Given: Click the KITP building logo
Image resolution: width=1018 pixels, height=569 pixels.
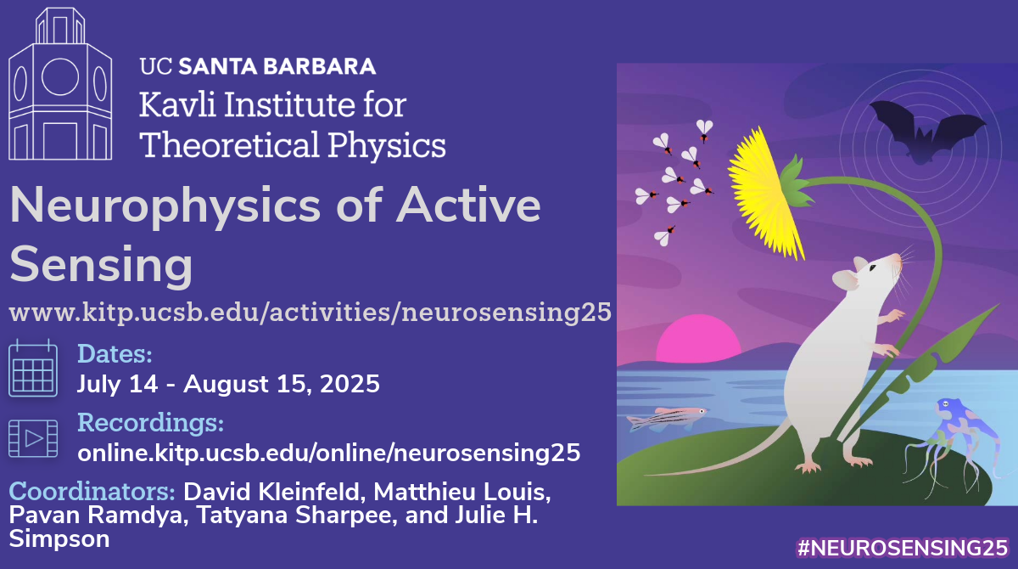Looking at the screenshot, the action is coord(60,84).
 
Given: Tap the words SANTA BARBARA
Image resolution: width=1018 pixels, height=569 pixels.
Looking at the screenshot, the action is coord(277,66).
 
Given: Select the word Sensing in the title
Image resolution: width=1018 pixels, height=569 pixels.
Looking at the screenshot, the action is coord(101,265).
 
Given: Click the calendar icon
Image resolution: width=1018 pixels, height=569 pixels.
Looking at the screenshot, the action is coord(33,368).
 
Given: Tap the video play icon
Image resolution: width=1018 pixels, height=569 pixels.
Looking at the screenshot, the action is coord(33,438).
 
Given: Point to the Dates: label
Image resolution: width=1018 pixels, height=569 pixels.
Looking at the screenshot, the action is coord(115,354).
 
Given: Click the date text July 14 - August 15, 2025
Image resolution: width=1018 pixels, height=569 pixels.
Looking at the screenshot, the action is coord(228,384).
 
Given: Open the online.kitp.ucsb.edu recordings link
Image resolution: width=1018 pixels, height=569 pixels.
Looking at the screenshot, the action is coord(328,453).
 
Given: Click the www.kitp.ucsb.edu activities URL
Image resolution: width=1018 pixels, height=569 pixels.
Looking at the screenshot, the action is coord(310,313).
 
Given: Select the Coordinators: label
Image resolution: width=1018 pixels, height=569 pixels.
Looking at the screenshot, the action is coord(92,492).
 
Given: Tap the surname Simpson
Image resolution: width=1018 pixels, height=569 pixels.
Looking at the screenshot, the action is coord(59,539).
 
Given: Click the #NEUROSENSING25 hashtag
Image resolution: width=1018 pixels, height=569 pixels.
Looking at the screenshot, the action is coord(903,548).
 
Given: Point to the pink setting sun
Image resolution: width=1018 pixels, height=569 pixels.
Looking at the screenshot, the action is coord(698,339).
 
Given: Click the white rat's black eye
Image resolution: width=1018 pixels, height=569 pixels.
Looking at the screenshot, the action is coord(873,268).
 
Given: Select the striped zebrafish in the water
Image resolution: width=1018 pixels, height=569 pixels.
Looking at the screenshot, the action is coord(666,419).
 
